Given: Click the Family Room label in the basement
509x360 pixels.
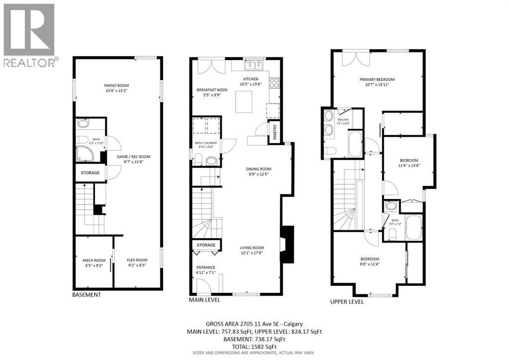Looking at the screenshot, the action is [x=116, y=86].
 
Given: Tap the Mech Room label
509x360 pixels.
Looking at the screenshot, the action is [x=94, y=261].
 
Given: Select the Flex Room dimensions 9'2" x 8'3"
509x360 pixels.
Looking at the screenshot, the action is [x=137, y=265].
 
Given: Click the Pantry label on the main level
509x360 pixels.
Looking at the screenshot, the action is [x=274, y=132].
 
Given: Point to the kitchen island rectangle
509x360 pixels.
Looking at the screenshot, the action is [x=244, y=101].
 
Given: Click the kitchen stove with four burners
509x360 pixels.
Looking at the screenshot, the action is [x=274, y=83].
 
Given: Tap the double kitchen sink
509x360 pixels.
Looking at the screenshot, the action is [x=254, y=66].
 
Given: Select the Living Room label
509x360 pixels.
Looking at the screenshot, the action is [x=252, y=248].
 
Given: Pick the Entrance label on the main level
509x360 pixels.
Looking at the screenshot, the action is [x=205, y=268].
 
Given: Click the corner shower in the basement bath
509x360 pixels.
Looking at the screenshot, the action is [x=85, y=154].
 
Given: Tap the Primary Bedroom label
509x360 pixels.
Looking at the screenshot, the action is [x=377, y=80].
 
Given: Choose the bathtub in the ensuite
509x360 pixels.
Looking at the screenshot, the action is [x=355, y=144].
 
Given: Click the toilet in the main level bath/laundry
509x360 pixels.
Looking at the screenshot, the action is [x=198, y=159].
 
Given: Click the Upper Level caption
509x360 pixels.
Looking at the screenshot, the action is [x=347, y=302].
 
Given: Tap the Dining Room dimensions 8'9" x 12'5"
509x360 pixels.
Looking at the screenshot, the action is [x=258, y=174].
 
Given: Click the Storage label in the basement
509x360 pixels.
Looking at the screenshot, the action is [x=90, y=173].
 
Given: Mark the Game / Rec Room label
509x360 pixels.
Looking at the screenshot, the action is [x=134, y=157].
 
